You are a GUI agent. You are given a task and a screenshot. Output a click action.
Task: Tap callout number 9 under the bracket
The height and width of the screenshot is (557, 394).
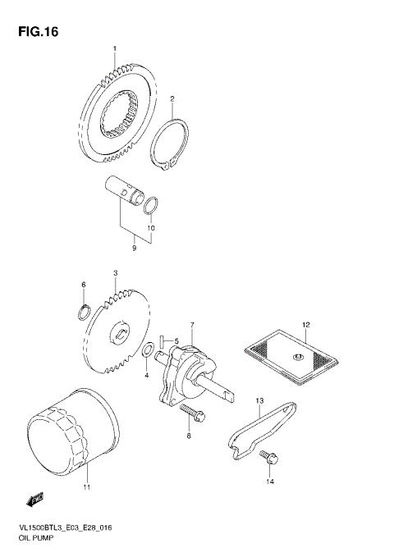click(135, 245)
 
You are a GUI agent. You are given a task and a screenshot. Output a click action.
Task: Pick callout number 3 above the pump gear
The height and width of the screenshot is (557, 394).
click(116, 272)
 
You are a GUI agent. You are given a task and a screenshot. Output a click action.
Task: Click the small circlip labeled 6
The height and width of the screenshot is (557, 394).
click(83, 311)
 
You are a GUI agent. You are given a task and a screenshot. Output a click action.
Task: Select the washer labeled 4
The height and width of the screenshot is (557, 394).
click(146, 352)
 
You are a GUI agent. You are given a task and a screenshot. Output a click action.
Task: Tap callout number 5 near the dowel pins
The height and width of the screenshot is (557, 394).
click(175, 340)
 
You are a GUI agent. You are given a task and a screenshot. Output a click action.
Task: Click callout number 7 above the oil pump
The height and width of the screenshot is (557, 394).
click(193, 326)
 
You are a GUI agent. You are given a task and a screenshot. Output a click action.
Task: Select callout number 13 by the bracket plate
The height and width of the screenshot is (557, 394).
click(258, 400)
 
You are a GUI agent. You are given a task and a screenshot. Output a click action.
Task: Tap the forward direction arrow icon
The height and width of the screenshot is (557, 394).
click(34, 498)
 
